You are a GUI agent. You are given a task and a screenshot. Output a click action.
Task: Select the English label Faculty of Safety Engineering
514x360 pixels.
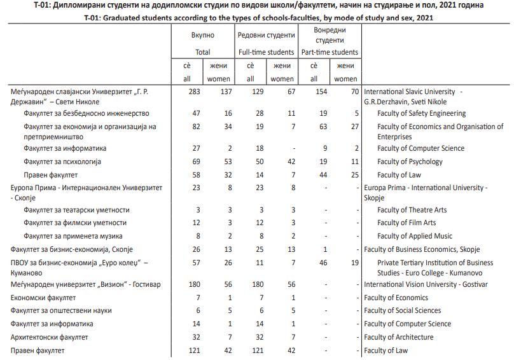point(421,113)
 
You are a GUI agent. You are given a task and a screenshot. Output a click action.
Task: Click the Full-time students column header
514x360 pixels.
point(266,52)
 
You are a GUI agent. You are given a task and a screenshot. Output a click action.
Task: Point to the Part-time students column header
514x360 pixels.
point(330,52)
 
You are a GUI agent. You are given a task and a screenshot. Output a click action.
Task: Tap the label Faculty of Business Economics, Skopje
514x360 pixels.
point(421,249)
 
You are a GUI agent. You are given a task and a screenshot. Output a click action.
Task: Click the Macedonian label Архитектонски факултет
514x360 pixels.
point(50,337)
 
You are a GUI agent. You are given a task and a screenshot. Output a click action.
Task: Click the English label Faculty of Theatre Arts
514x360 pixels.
point(412,210)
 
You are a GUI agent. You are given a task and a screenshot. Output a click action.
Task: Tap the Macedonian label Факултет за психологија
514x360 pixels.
point(64,162)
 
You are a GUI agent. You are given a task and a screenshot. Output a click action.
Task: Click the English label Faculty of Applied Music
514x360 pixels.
point(415,235)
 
